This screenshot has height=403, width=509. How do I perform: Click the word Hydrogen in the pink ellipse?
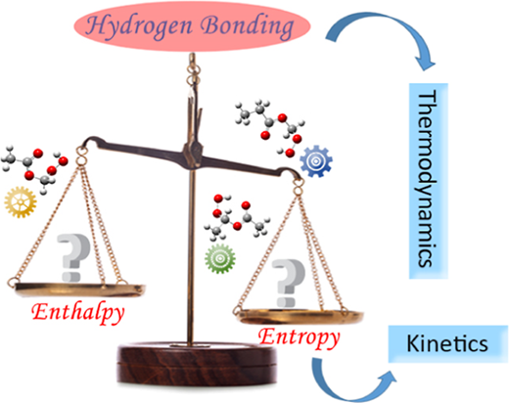click(139, 26)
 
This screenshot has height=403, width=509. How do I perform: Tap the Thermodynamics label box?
click(429, 181)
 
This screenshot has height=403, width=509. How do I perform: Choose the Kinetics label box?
click(448, 343)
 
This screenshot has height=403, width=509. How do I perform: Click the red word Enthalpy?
click(78, 312)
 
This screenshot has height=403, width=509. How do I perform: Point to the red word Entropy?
click(300, 337)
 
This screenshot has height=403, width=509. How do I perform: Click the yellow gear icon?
click(21, 202)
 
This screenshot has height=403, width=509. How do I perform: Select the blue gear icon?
click(316, 161)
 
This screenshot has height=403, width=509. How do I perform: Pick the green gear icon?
click(220, 258)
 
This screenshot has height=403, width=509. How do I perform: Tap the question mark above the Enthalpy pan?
click(72, 257)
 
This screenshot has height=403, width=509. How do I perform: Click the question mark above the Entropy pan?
click(288, 283)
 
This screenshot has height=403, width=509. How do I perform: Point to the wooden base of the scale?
click(197, 363)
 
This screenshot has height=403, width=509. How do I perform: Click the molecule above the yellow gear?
click(34, 169)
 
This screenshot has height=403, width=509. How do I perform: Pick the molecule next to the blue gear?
click(270, 128)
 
